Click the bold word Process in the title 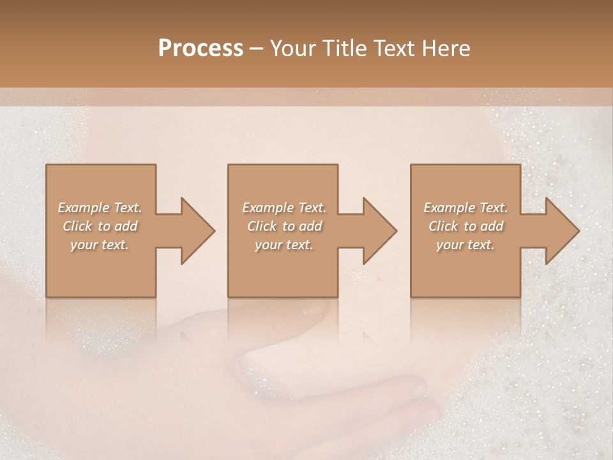click(201, 49)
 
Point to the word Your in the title click(293, 49)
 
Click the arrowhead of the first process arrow click(197, 231)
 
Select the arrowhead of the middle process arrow click(379, 231)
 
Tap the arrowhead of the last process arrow click(562, 231)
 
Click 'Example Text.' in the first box click(100, 208)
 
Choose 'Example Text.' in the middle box click(284, 208)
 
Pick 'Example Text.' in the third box click(465, 208)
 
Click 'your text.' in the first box click(100, 245)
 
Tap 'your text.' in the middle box click(284, 245)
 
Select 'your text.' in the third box click(465, 245)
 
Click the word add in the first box click(126, 226)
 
